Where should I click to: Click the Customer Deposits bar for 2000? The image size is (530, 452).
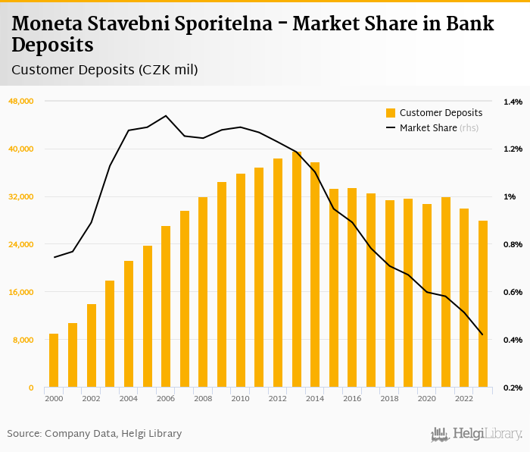pos(54,361)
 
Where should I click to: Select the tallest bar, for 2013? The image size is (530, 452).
pos(297,269)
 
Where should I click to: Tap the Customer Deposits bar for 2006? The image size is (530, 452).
pos(166,306)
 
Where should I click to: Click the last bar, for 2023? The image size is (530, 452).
pos(483,304)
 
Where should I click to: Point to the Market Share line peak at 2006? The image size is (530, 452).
pos(166,116)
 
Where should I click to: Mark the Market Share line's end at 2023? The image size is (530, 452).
pos(483,334)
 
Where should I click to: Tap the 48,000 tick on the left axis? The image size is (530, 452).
pos(21,102)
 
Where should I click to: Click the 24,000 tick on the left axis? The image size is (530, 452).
pos(21,245)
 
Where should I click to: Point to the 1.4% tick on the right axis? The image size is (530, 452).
pos(513,102)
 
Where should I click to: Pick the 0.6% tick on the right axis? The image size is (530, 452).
pos(513,293)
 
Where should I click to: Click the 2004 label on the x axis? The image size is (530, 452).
pos(128,399)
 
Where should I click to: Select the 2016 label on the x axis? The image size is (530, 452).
pos(352,399)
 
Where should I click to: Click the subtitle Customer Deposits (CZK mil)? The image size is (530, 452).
pos(104,71)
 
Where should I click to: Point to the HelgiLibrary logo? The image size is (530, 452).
pos(476,434)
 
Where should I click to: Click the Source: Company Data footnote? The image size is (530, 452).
pos(95,434)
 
